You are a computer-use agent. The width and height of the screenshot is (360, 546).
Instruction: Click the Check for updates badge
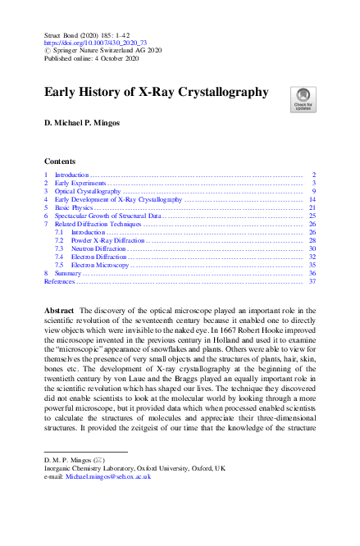click(x=302, y=99)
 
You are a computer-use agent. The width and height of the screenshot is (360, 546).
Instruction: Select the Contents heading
click(x=60, y=162)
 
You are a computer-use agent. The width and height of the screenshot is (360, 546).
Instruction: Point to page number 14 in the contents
click(x=312, y=199)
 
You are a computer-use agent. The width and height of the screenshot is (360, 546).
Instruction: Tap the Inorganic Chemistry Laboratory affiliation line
click(x=134, y=468)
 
